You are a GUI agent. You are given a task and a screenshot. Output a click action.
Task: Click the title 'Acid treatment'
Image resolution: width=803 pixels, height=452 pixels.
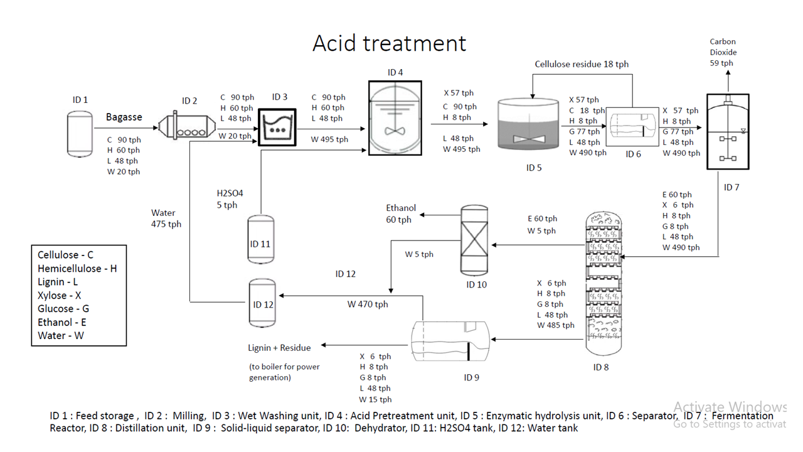tap(389, 43)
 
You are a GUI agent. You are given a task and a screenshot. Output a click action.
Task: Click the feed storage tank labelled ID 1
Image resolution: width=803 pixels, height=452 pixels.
tap(80, 134)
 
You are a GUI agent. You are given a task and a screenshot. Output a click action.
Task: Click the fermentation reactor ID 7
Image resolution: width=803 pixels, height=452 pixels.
tap(728, 132)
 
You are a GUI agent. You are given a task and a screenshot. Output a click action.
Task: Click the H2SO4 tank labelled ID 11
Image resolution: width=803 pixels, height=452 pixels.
tap(260, 239)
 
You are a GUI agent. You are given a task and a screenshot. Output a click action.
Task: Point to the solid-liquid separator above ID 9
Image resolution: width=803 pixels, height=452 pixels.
tap(450, 342)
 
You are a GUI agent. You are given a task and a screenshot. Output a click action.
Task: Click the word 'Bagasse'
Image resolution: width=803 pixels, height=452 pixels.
tap(124, 117)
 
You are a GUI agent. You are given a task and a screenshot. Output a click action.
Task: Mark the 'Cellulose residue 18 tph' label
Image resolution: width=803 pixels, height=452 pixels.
tap(582, 64)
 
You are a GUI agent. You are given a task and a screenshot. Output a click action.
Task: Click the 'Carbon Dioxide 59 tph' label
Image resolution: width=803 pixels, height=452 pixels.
tap(723, 52)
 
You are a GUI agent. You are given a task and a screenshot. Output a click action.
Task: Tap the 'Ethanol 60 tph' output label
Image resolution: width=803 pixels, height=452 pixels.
tap(400, 213)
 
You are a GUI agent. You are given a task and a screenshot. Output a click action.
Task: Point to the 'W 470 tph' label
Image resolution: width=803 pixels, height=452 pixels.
tap(368, 304)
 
